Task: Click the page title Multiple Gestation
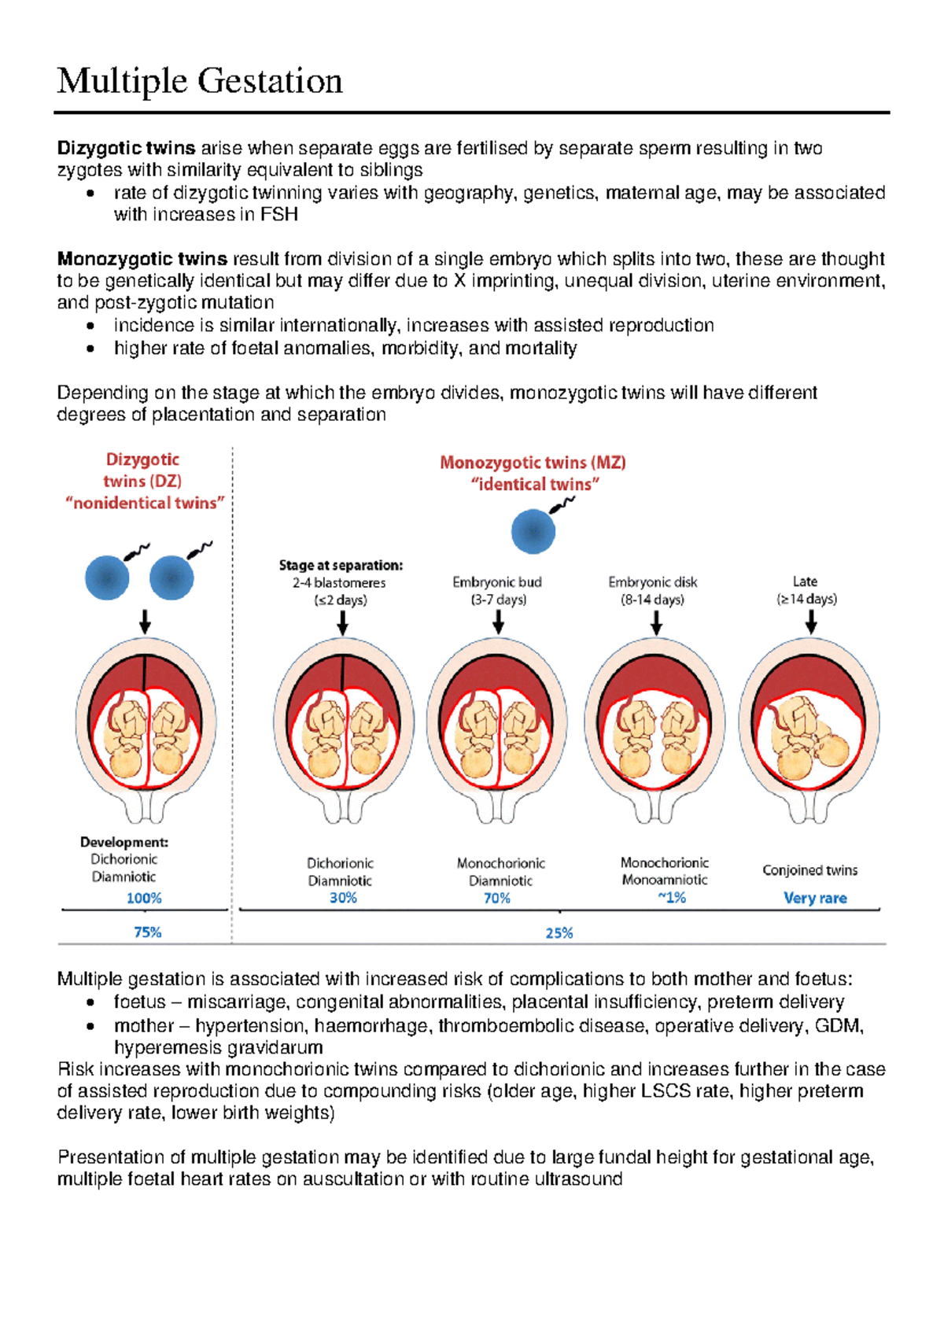click(200, 81)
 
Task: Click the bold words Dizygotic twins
click(126, 148)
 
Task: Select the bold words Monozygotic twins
click(142, 259)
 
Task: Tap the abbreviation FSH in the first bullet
click(279, 215)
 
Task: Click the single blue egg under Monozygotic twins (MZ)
click(533, 531)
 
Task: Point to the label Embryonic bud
click(497, 582)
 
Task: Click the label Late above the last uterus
click(805, 581)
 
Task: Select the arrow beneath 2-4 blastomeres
click(342, 623)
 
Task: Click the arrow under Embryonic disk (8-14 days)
click(656, 623)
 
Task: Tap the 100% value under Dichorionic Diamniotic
click(144, 898)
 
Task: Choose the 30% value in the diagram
click(343, 898)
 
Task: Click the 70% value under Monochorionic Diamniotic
click(497, 898)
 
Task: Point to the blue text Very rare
click(815, 898)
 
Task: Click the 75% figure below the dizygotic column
click(148, 932)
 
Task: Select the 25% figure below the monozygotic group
click(559, 933)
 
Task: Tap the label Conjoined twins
click(809, 870)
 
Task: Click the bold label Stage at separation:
click(341, 565)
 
